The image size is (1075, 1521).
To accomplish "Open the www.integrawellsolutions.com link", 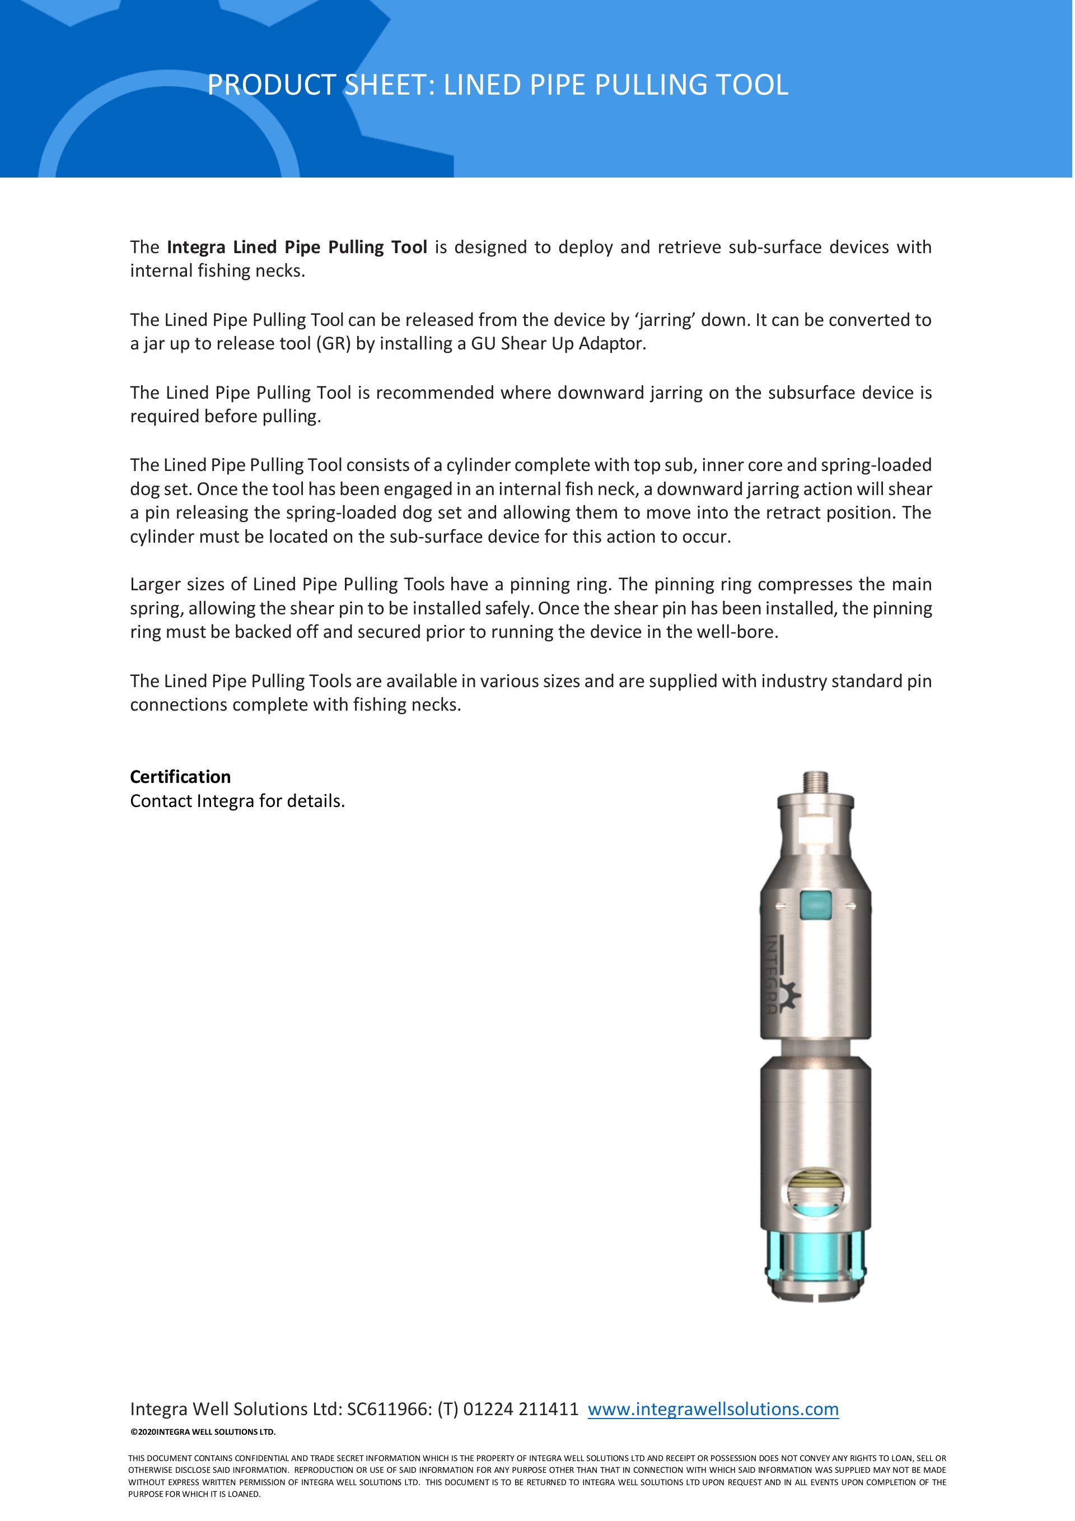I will (x=713, y=1408).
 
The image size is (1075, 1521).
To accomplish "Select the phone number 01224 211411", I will (x=521, y=1408).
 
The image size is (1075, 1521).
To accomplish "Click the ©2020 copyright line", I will (x=203, y=1431).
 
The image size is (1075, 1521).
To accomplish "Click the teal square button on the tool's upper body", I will (x=815, y=904).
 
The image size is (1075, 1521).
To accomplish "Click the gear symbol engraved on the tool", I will (x=788, y=996).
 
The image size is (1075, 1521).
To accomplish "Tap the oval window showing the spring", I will (x=815, y=1194).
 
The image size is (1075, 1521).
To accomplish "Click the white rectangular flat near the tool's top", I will (x=815, y=830).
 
